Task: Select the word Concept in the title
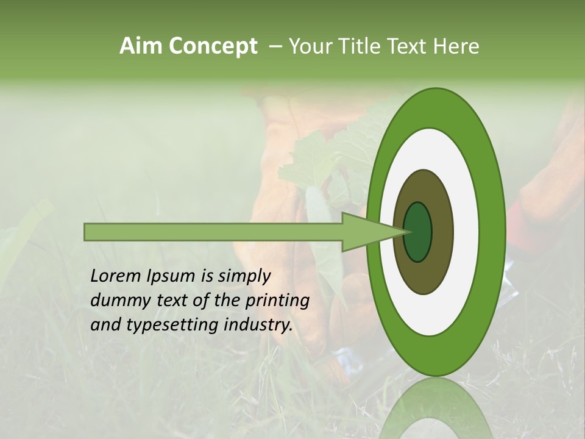tap(213, 46)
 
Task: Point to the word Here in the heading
tap(457, 46)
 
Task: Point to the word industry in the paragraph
tap(258, 325)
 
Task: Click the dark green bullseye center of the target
tap(418, 232)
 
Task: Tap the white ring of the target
tap(466, 232)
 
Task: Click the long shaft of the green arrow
tap(213, 232)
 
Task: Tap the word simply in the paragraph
tap(244, 276)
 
